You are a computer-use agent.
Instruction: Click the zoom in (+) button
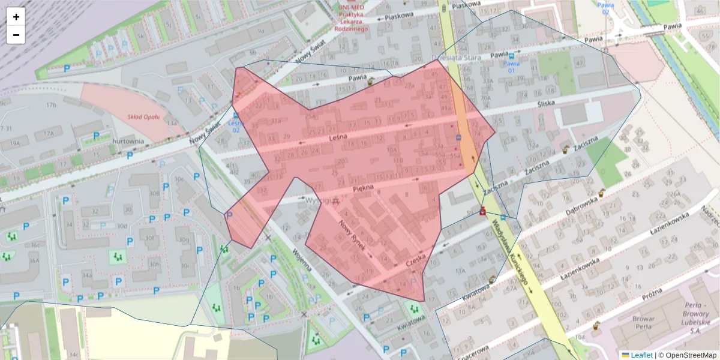(16, 17)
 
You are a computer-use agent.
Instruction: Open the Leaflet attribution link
(637, 355)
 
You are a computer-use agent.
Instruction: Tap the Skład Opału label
(143, 116)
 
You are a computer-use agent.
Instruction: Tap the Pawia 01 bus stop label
(511, 66)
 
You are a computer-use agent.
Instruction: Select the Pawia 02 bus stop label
(606, 8)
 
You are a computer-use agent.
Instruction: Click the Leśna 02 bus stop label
(235, 126)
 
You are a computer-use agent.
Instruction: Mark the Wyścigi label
(317, 200)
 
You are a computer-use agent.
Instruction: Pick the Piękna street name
(364, 187)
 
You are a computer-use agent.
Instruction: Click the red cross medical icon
(482, 212)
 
